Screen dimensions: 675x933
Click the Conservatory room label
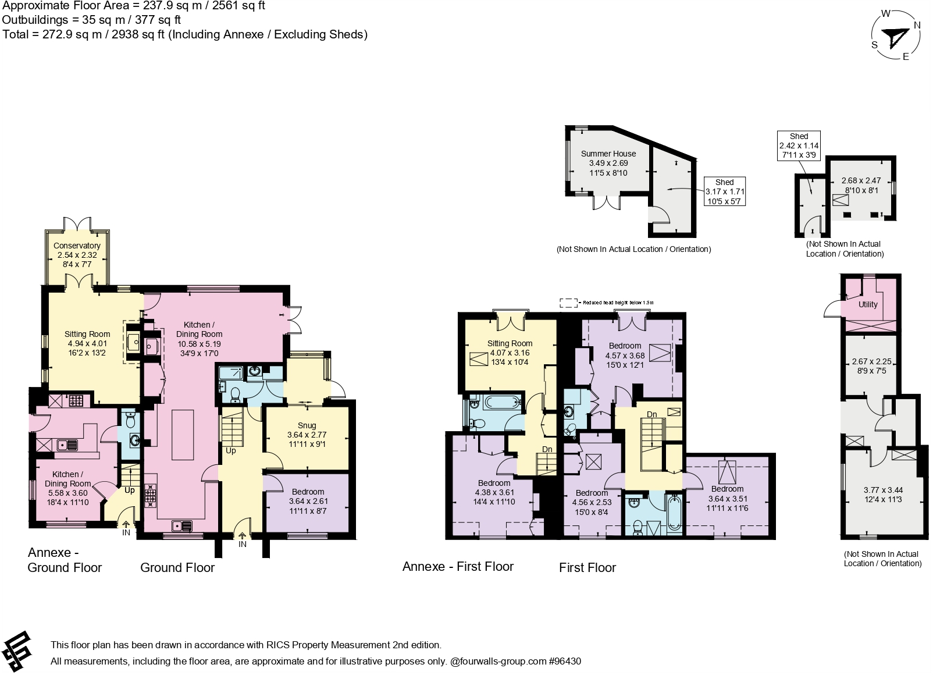(77, 246)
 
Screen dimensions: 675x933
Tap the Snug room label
(307, 426)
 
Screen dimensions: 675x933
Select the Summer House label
(608, 154)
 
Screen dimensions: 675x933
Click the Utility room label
(867, 304)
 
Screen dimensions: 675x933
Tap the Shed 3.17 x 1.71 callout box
(724, 191)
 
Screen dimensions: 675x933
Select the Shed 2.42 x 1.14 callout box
(799, 145)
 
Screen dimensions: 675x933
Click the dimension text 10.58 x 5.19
(199, 343)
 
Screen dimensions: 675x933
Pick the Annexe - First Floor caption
(458, 566)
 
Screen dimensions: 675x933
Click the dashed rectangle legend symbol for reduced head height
(568, 303)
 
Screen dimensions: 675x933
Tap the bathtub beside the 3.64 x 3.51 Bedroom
(674, 513)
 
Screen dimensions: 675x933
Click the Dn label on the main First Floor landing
(651, 414)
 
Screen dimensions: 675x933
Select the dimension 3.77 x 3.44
(883, 490)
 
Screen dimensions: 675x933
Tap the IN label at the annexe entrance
(126, 532)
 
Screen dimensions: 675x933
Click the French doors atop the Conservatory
(77, 223)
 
